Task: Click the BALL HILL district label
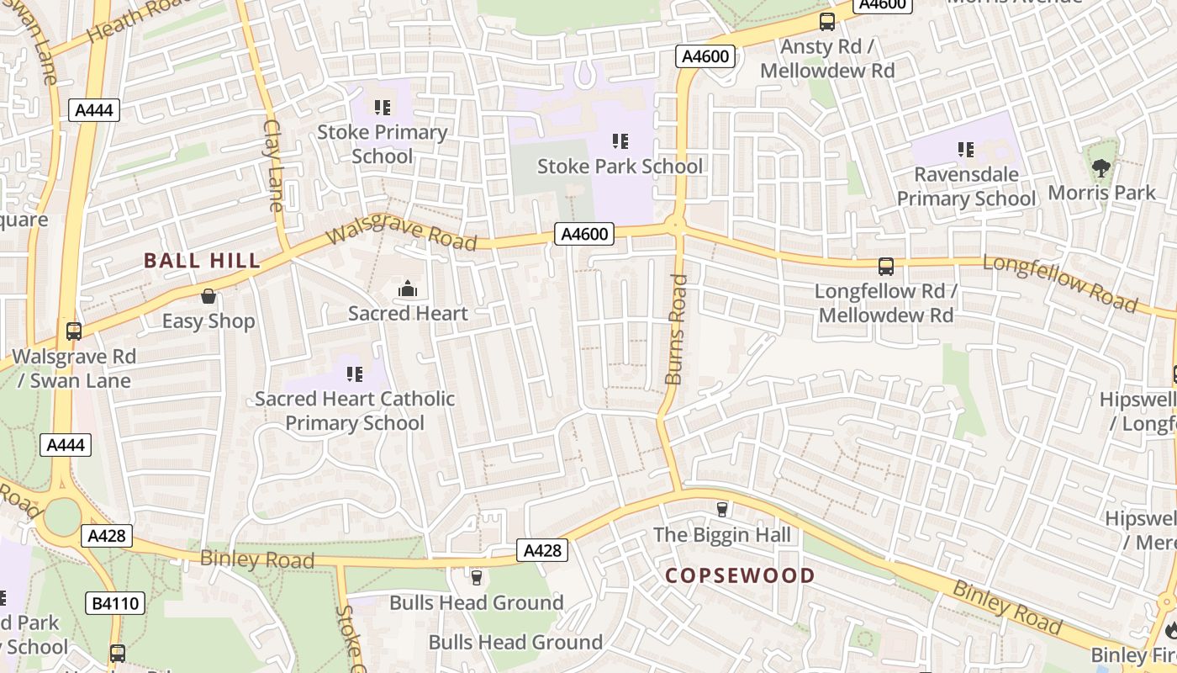(202, 261)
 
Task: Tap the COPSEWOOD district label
(740, 575)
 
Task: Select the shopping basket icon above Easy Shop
(208, 296)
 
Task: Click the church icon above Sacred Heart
(408, 289)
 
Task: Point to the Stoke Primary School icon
(383, 108)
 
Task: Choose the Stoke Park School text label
(620, 166)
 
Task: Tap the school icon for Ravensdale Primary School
(966, 150)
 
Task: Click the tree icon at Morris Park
(1100, 168)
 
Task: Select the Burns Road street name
(676, 329)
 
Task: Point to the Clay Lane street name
(274, 165)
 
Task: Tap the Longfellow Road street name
(1060, 283)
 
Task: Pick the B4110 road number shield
(115, 602)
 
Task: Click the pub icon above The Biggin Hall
(721, 509)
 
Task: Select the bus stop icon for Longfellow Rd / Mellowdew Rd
(885, 267)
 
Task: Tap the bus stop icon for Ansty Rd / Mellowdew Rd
(827, 22)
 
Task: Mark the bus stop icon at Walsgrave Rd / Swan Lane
(74, 331)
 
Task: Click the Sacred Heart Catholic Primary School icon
(355, 374)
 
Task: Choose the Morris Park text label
(1101, 193)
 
